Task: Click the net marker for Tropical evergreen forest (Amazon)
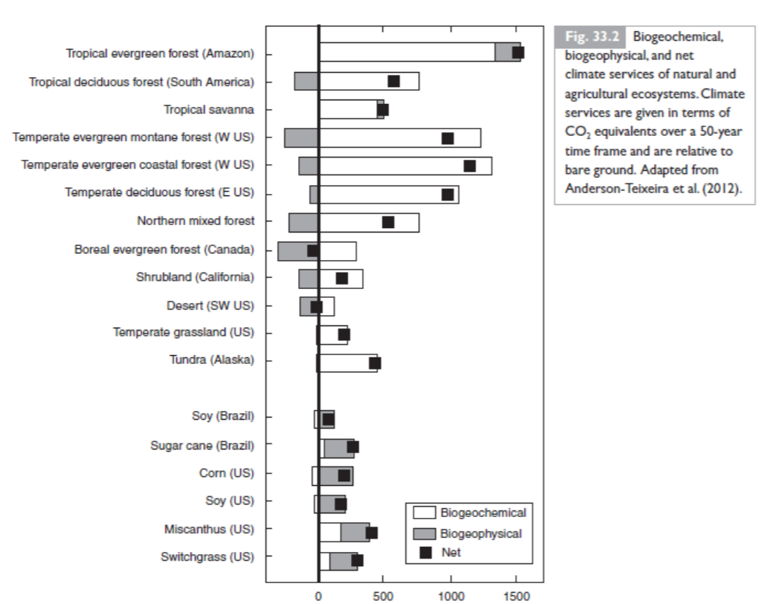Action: [518, 52]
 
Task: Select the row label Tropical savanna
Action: [209, 110]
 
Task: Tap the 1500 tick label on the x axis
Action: [517, 597]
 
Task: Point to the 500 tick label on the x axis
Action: [384, 597]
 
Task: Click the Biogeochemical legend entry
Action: [482, 513]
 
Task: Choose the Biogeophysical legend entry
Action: [480, 533]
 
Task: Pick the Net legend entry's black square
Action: [426, 552]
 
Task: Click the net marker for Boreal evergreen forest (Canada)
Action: [313, 250]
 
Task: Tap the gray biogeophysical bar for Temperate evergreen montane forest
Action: [301, 137]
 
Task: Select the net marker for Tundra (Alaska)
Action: [375, 363]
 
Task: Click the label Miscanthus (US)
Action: [209, 530]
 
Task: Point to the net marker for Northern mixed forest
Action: [388, 222]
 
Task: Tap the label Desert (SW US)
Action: [210, 305]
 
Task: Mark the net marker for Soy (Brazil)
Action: [328, 420]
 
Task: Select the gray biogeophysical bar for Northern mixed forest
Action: [303, 222]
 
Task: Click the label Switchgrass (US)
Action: [207, 556]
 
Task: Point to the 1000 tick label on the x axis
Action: [450, 597]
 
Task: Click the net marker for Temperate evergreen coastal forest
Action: [469, 166]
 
